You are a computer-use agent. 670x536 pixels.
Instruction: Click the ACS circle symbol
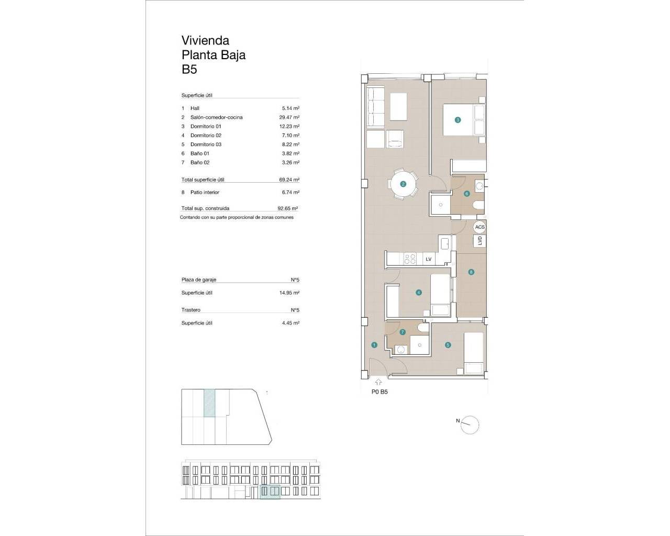pos(479,227)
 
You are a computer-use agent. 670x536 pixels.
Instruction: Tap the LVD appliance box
pos(479,241)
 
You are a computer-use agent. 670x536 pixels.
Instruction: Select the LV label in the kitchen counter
pos(428,259)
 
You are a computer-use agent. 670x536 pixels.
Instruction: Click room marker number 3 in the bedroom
pos(457,120)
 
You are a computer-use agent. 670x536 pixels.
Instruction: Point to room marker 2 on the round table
pos(403,184)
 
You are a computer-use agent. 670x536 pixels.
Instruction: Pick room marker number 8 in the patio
pos(471,272)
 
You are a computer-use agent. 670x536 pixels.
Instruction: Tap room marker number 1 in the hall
pos(374,345)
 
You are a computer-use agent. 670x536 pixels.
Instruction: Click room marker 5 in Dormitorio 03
pos(448,345)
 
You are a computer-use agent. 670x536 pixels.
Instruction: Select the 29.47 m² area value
pos(289,117)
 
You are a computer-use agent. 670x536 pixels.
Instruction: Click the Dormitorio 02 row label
pos(206,136)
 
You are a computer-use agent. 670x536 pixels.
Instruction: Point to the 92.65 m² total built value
pos(288,208)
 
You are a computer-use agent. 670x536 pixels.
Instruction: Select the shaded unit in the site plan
pos(209,403)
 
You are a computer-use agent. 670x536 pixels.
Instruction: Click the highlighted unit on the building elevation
pos(270,492)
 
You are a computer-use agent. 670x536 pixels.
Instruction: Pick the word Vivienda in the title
pos(205,40)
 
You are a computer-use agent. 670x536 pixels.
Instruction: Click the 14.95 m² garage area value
pos(289,293)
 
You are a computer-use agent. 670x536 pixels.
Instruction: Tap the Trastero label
pos(191,310)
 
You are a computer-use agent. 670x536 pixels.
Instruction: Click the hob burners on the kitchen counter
pos(410,259)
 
